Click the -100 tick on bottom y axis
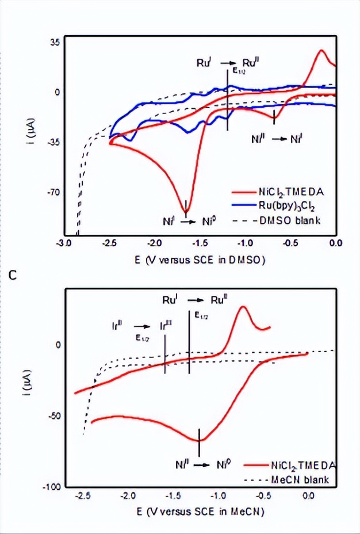[52, 487]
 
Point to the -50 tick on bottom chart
[55, 415]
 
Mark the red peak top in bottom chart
[243, 307]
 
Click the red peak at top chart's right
[322, 51]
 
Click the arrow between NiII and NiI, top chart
[279, 139]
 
